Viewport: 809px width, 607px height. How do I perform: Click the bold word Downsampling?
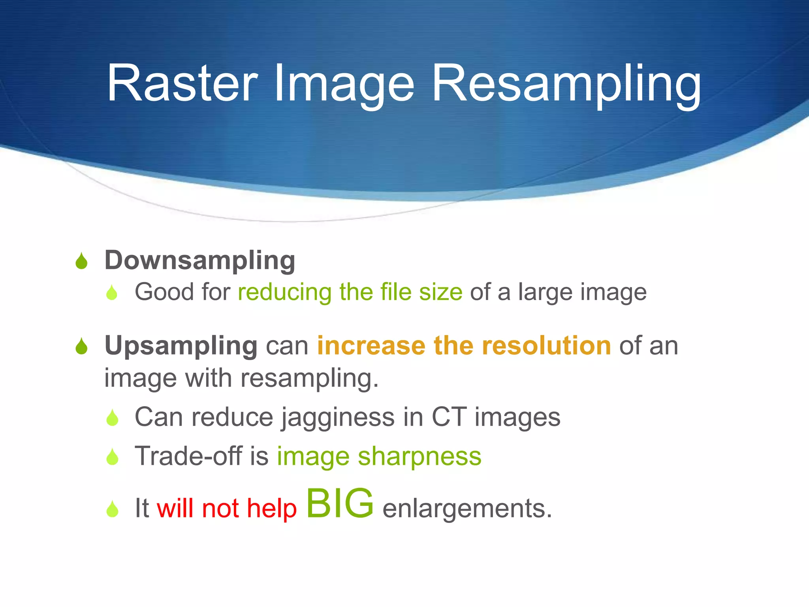click(200, 261)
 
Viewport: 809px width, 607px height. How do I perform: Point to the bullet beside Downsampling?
click(81, 261)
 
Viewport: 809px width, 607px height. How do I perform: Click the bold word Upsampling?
click(181, 346)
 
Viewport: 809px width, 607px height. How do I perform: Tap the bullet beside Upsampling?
click(81, 346)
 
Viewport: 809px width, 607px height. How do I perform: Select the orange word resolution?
click(546, 346)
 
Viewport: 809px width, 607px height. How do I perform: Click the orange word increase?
click(371, 346)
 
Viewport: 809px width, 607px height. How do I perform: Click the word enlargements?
click(467, 508)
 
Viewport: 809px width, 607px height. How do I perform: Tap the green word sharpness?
click(420, 457)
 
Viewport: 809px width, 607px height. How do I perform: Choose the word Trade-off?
click(188, 456)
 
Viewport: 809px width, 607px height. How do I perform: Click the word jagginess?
click(338, 418)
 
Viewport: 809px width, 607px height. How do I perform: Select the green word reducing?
click(284, 292)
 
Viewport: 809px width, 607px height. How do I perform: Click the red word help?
click(271, 508)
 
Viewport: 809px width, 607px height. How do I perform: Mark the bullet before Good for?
click(112, 293)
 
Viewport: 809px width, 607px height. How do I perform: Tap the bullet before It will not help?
click(113, 509)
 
